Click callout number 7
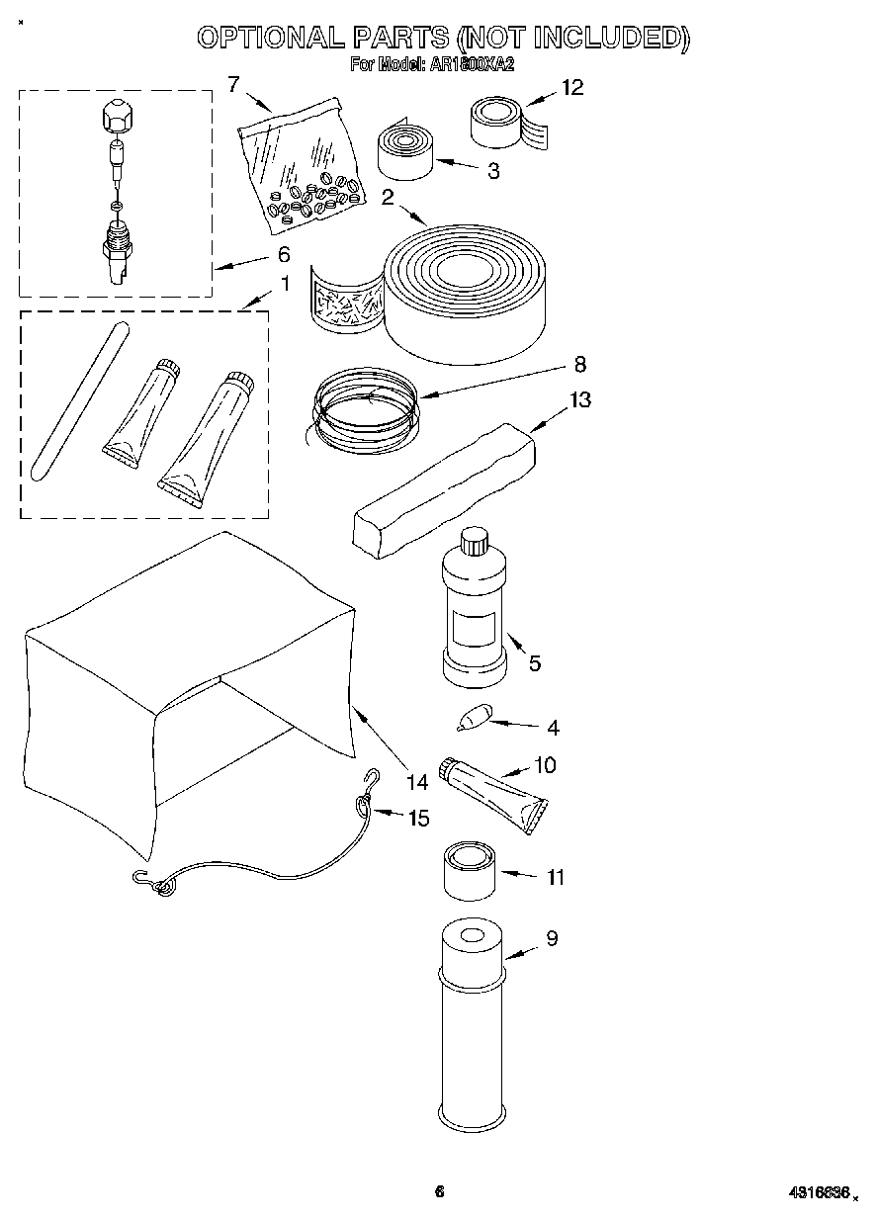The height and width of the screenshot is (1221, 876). pos(233,84)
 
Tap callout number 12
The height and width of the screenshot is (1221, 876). pos(571,87)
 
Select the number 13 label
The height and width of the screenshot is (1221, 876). pos(579,400)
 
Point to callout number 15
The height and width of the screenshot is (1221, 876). pos(418,818)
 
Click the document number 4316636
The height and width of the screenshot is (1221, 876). pos(820,1193)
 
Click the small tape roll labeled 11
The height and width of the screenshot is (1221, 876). pos(470,870)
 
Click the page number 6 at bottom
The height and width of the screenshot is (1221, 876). pos(440,1192)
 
